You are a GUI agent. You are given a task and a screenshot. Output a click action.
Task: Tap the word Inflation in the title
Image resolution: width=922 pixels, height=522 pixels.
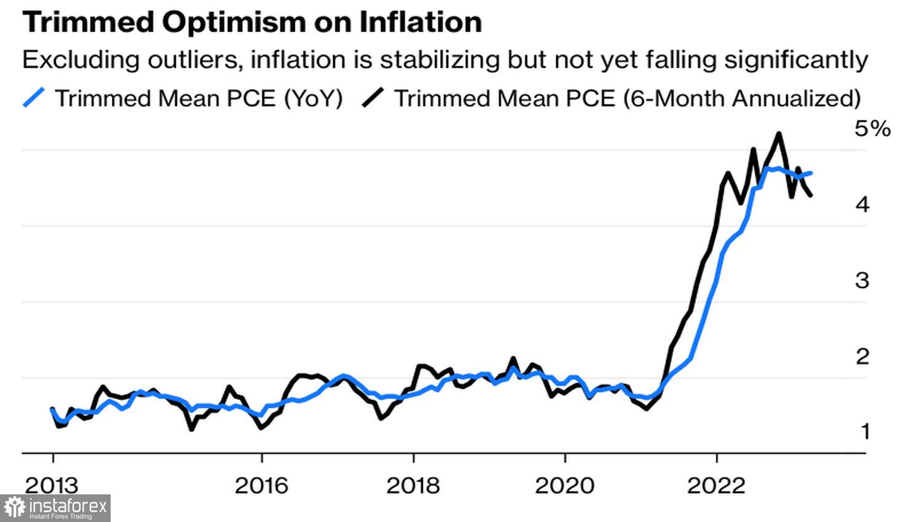tap(420, 22)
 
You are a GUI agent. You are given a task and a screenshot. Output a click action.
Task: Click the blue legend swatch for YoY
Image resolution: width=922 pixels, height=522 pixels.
tap(34, 98)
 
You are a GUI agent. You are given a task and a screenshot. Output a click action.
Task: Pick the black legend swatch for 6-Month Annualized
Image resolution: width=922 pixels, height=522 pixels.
tap(373, 98)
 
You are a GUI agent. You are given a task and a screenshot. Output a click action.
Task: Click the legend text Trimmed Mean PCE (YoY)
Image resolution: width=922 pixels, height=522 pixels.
tap(199, 98)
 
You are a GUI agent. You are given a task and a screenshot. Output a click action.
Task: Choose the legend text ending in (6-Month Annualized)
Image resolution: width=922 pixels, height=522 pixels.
tap(627, 98)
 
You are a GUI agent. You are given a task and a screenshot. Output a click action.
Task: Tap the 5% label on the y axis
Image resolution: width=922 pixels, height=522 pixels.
tap(872, 128)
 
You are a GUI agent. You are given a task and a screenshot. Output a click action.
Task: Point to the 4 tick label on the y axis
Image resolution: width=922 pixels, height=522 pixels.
tap(863, 205)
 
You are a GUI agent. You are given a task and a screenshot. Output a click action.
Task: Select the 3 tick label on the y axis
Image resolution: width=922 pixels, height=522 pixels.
tap(863, 281)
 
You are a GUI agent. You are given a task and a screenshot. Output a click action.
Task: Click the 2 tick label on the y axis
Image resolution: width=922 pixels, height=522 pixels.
tap(863, 356)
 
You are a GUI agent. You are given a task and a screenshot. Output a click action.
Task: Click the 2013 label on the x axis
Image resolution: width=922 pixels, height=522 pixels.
tap(52, 486)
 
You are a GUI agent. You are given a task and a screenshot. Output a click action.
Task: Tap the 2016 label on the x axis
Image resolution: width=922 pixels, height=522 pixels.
tap(261, 486)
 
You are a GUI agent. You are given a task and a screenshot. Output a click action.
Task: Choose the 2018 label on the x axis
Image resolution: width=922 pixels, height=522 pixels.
tap(413, 486)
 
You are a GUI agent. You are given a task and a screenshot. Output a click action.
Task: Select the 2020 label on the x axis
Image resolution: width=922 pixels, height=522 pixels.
tap(564, 486)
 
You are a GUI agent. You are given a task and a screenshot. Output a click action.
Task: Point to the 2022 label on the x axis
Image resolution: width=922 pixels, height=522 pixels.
tap(716, 486)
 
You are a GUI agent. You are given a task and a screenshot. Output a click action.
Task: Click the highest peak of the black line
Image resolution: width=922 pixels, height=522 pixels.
tap(779, 134)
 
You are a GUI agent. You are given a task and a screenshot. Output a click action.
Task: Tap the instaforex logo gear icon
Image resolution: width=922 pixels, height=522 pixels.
tap(14, 508)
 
